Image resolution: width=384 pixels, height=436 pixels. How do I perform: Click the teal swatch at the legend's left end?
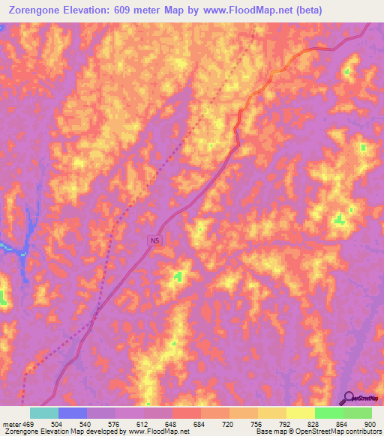coord(44,413)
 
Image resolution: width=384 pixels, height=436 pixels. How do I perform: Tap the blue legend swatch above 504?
coord(73,413)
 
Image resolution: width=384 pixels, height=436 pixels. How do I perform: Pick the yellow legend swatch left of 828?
coord(300,413)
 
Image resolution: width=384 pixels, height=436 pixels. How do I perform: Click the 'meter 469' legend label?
coord(18,424)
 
